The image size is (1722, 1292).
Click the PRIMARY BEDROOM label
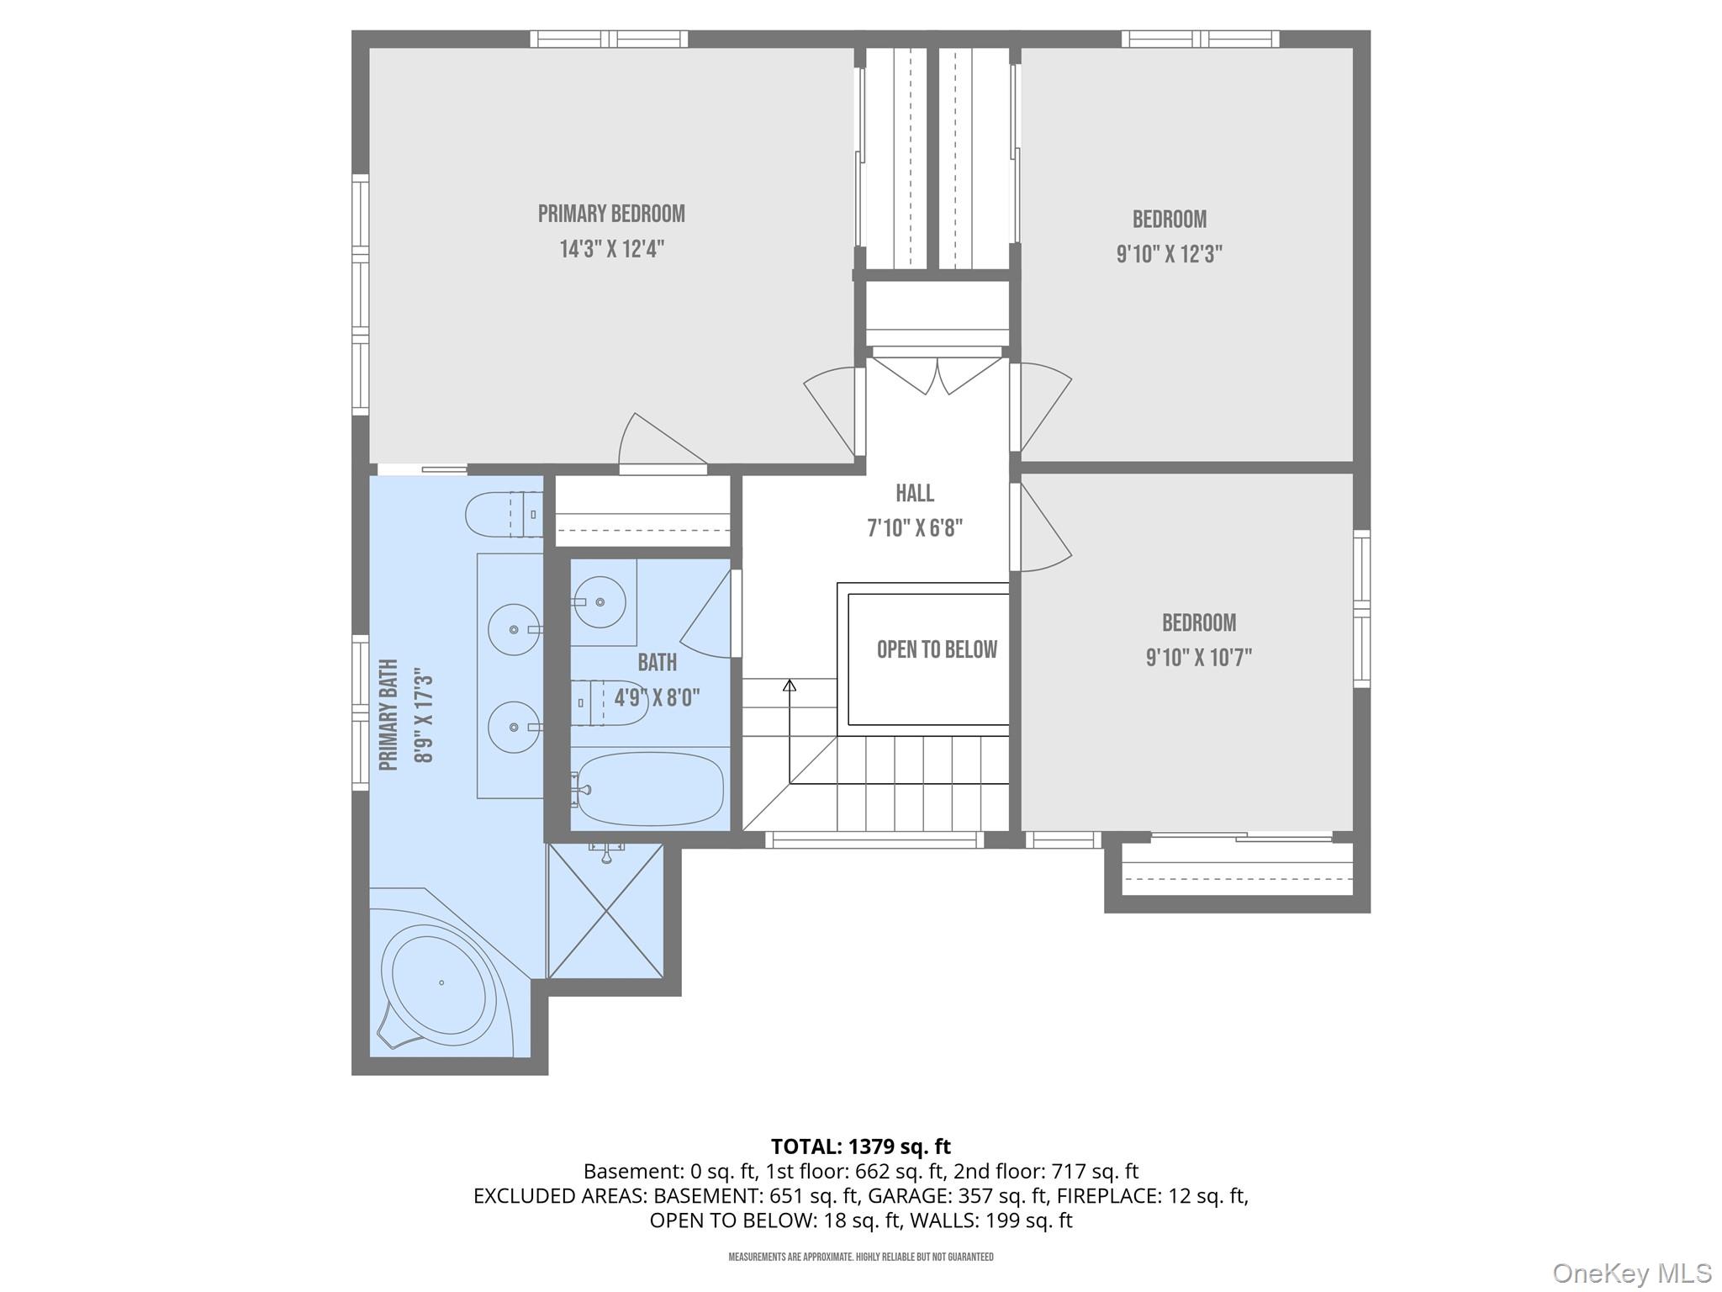tap(611, 214)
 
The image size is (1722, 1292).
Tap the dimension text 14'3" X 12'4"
tap(611, 250)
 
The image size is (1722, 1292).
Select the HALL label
tap(914, 493)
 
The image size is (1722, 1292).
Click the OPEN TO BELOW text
tap(937, 649)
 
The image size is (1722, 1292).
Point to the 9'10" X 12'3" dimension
tap(1169, 254)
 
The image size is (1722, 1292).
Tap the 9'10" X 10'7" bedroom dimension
tap(1198, 658)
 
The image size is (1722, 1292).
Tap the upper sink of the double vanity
tap(514, 630)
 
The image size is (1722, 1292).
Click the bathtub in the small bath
tap(649, 789)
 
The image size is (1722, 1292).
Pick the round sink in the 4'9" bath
tap(599, 601)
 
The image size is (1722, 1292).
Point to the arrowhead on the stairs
tap(790, 686)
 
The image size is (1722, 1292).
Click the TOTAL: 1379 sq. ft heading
tap(860, 1146)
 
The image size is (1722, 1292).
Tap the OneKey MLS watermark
tap(1631, 1273)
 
